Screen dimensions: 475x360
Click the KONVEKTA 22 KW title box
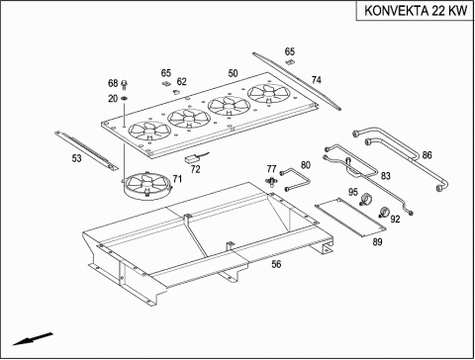pyautogui.click(x=415, y=11)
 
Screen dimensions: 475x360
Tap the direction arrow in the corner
pyautogui.click(x=33, y=339)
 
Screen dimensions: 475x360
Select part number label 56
pyautogui.click(x=276, y=264)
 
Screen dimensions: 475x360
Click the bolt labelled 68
pyautogui.click(x=125, y=84)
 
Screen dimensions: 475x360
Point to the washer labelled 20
pyautogui.click(x=125, y=98)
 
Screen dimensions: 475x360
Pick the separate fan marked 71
pyautogui.click(x=147, y=185)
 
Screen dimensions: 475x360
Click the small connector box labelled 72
pyautogui.click(x=192, y=158)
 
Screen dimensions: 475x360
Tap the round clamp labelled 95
pyautogui.click(x=365, y=199)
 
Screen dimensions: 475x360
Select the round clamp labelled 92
pyautogui.click(x=384, y=212)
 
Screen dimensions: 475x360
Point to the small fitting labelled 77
pyautogui.click(x=271, y=181)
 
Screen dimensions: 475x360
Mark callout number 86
pyautogui.click(x=427, y=155)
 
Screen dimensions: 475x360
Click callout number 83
pyautogui.click(x=385, y=176)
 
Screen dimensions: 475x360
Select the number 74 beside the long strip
pyautogui.click(x=316, y=80)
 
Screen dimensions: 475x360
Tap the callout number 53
pyautogui.click(x=76, y=158)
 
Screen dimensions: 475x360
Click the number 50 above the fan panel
pyautogui.click(x=233, y=73)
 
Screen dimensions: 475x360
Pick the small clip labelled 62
pyautogui.click(x=175, y=92)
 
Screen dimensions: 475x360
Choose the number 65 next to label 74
pyautogui.click(x=290, y=51)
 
